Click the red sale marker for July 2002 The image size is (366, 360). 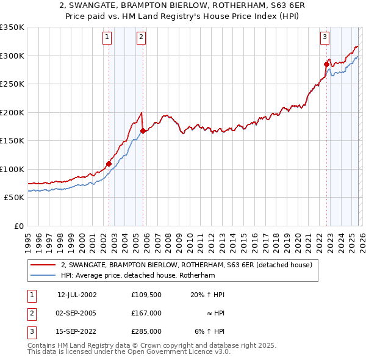109,164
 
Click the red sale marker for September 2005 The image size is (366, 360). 143,131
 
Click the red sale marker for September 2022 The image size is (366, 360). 326,63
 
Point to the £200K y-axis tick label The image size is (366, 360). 12,112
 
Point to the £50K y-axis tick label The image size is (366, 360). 14,198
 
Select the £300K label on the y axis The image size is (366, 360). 12,56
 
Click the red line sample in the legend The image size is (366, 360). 43,265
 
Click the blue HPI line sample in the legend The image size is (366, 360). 43,276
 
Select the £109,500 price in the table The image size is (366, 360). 146,295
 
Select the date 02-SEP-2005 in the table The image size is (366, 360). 77,313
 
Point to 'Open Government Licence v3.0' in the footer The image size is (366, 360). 178,353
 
